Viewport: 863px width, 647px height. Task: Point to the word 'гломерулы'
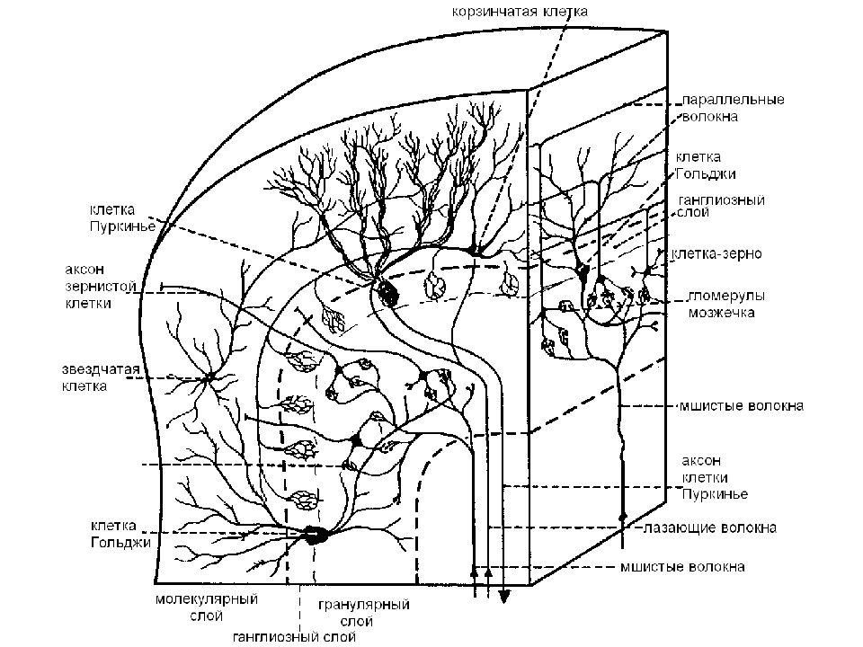coord(725,296)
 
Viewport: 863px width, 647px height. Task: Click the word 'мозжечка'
coord(719,314)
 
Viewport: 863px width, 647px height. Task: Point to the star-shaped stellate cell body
coord(209,377)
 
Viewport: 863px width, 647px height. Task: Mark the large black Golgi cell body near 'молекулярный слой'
coord(315,535)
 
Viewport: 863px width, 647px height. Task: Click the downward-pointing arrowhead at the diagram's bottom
coord(503,597)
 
